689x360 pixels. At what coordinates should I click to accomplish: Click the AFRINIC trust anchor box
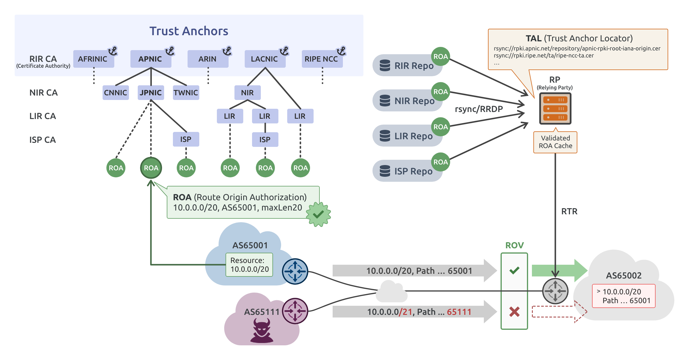point(93,59)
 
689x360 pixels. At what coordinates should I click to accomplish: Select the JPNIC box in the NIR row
point(151,93)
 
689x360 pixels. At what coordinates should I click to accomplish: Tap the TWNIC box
point(186,93)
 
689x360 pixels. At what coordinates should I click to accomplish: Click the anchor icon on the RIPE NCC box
point(341,51)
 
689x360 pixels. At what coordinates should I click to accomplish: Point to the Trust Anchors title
point(189,31)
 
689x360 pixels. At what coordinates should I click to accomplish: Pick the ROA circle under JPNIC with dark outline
point(151,168)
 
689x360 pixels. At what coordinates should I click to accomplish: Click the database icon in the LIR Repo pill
point(385,136)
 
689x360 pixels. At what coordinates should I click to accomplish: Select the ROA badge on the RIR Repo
point(440,57)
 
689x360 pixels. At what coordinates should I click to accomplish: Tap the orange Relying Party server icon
point(555,109)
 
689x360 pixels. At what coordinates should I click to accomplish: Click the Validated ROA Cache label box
point(555,142)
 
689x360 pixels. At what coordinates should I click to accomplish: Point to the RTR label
point(569,211)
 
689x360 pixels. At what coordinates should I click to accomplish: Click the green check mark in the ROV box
point(514,270)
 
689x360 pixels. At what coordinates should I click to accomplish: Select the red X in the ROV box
point(514,312)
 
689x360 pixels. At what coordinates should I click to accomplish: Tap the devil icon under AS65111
point(262,331)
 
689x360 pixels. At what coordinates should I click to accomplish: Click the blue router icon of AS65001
point(295,271)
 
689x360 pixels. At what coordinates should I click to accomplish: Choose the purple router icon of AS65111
point(295,311)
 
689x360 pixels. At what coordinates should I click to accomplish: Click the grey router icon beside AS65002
point(555,291)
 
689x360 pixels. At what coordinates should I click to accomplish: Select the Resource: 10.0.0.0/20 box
point(249,265)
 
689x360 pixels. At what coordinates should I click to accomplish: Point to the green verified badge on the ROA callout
point(318,214)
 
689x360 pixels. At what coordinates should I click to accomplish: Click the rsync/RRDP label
point(479,109)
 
